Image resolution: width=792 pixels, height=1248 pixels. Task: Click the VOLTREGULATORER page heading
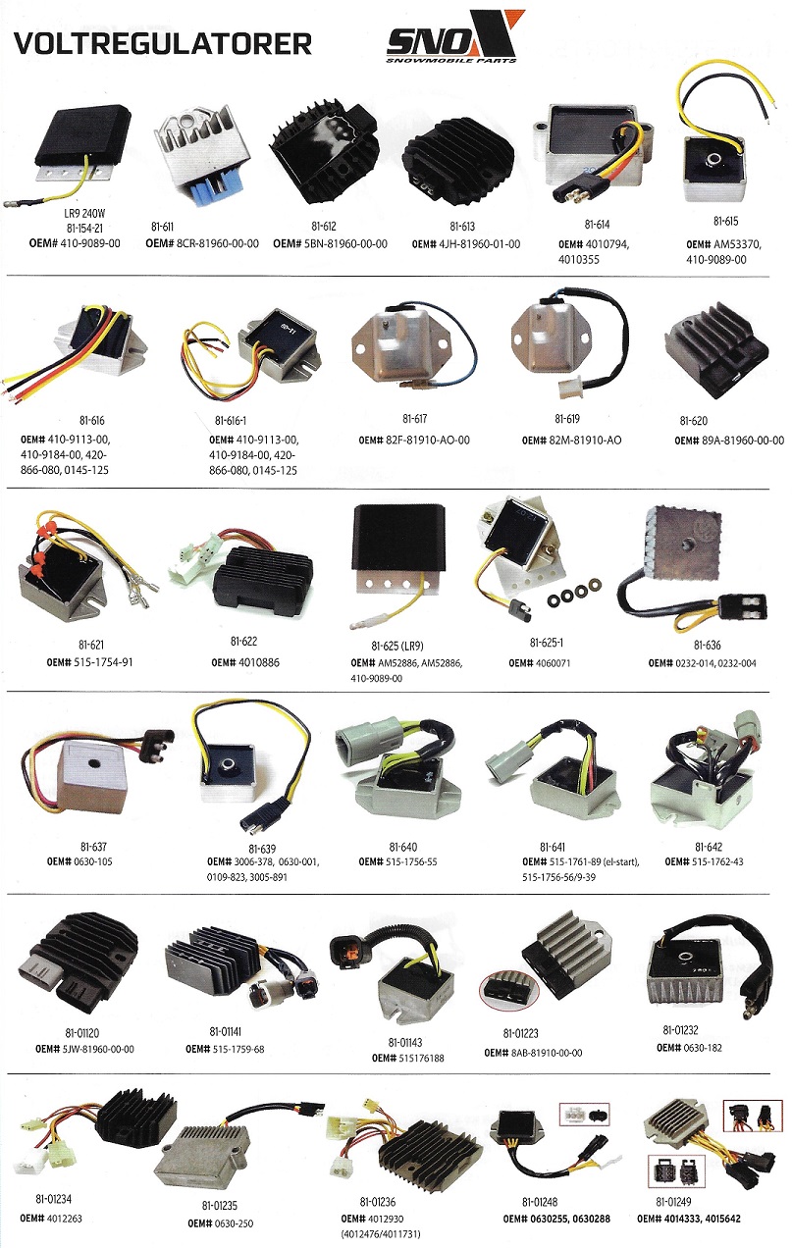(162, 44)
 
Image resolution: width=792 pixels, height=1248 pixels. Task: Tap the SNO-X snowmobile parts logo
(455, 36)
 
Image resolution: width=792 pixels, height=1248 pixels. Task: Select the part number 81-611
(162, 227)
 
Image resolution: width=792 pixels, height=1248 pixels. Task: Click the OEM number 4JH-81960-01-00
(478, 244)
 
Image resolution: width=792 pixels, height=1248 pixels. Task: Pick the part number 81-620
(693, 421)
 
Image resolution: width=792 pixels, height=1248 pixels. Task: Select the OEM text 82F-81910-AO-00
(428, 441)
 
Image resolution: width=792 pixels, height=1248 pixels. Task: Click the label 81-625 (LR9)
(397, 646)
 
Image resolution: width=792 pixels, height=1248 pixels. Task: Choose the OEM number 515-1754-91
(102, 662)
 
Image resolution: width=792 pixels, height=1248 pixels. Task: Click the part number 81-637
(93, 847)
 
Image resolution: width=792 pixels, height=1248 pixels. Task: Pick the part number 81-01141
(225, 1032)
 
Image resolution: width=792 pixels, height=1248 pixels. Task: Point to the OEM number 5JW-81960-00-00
(98, 1049)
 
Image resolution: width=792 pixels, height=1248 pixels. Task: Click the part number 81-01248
(540, 1202)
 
